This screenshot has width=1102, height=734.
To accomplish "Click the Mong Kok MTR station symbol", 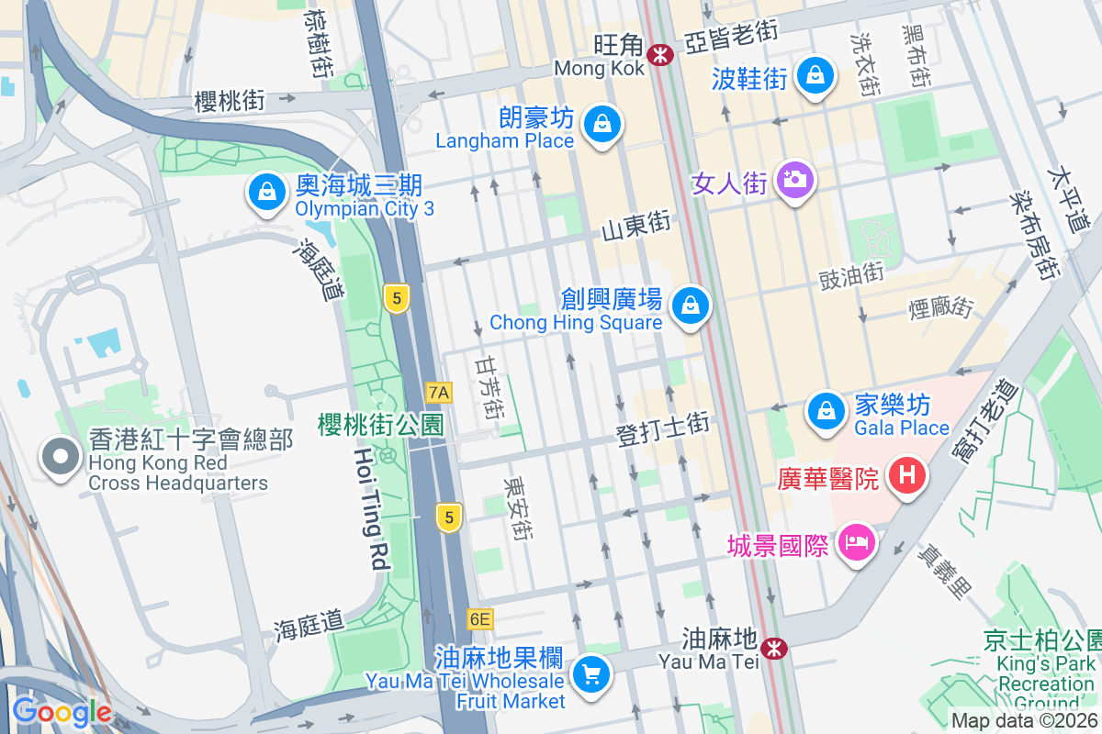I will (x=659, y=54).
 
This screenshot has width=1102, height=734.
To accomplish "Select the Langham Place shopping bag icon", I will (x=602, y=123).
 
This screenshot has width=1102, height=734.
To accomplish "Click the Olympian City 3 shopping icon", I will (x=265, y=192).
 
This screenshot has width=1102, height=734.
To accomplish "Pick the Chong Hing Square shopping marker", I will (x=690, y=306).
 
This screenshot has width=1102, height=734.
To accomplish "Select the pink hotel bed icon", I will (x=857, y=542).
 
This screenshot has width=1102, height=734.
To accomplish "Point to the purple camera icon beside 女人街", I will (x=794, y=178).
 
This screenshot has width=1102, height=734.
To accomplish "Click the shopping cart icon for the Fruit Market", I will (x=590, y=675).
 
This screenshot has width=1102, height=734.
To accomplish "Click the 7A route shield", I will (x=439, y=393).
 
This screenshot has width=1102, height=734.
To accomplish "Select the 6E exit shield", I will (x=479, y=619).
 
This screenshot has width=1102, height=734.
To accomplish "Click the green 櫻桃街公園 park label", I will (x=380, y=424).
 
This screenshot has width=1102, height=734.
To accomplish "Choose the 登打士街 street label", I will (x=663, y=429).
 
